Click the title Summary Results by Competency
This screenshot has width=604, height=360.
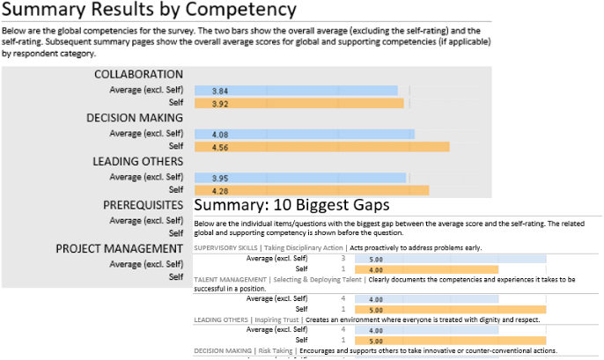pyautogui.click(x=149, y=12)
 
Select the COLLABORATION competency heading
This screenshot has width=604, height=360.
pyautogui.click(x=139, y=75)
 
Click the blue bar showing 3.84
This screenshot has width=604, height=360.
pyautogui.click(x=296, y=91)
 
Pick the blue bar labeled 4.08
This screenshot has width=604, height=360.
pyautogui.click(x=305, y=134)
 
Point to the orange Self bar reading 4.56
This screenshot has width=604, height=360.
pyautogui.click(x=321, y=147)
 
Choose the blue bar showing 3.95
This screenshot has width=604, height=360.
pyautogui.click(x=300, y=177)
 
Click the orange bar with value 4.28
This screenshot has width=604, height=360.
pyautogui.click(x=312, y=190)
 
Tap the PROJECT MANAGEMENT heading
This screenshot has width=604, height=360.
pyautogui.click(x=119, y=248)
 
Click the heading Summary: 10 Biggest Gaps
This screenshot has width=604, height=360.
pyautogui.click(x=291, y=205)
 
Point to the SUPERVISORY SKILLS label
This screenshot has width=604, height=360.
pyautogui.click(x=220, y=248)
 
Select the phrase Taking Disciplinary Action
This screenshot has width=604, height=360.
pyautogui.click(x=298, y=248)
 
